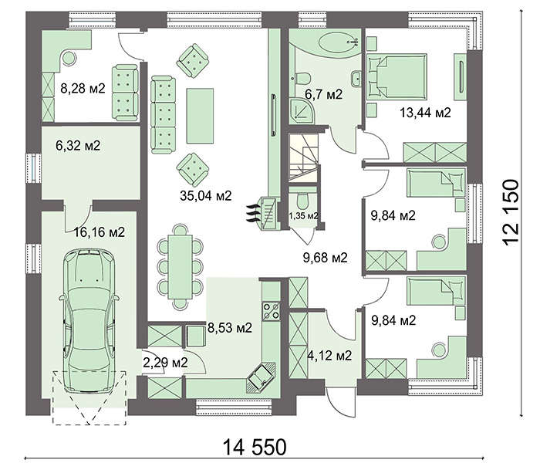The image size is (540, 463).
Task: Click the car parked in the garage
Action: pos(89,321)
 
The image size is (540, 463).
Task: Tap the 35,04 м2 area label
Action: pos(206,196)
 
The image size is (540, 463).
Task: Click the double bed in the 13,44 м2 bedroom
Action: pos(397,77)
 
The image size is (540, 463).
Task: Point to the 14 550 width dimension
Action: pos(255,447)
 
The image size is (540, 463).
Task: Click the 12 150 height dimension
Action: pos(511,212)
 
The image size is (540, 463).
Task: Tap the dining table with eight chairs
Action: pos(180,267)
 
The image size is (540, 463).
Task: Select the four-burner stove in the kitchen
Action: pos(272,311)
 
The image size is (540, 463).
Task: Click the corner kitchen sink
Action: pos(262,377)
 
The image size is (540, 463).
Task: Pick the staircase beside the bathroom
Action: pos(303,156)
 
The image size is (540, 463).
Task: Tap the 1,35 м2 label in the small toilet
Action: pos(303,216)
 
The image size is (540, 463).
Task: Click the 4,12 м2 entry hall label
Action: pos(329,355)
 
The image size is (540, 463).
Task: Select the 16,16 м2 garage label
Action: pos(100,231)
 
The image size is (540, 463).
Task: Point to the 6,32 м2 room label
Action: pos(78,145)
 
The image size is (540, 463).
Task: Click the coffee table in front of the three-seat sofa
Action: pos(200,116)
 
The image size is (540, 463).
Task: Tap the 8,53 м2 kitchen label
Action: pos(230,327)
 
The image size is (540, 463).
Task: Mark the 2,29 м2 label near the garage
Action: pos(165,362)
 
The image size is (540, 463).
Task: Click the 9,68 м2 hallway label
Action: pos(325,257)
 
